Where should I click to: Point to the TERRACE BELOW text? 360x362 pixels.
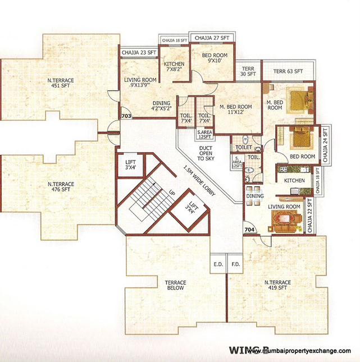(x=175, y=285)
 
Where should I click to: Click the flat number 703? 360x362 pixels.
(x=126, y=117)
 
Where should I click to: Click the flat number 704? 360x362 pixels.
(x=249, y=230)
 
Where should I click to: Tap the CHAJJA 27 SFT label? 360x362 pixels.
(x=212, y=38)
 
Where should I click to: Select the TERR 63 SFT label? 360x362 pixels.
(x=288, y=72)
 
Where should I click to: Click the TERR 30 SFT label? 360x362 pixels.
(x=248, y=71)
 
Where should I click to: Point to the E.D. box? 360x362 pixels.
(x=218, y=263)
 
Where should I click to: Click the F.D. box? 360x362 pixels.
(x=235, y=263)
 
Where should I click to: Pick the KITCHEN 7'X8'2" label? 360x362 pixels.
(x=174, y=67)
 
